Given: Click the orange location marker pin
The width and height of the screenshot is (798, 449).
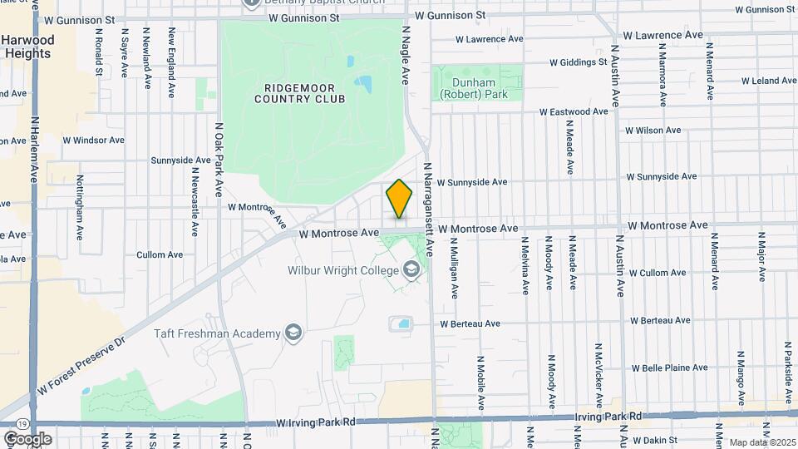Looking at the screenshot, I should [399, 200].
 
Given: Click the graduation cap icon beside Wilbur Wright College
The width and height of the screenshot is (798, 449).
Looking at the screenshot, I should [411, 269].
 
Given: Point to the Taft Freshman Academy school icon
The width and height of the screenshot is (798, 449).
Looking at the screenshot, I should [292, 333].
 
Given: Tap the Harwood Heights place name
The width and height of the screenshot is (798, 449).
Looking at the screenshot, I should [27, 47].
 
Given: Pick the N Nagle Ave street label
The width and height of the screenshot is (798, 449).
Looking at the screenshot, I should [406, 55].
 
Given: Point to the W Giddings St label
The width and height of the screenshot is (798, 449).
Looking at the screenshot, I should [579, 62].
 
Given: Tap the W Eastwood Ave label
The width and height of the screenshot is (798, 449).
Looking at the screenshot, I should [574, 111].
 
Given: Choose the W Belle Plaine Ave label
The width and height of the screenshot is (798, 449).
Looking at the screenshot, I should [669, 368].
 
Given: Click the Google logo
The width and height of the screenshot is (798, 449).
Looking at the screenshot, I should [27, 439].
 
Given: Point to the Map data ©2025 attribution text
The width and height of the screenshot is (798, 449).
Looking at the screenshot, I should [761, 442].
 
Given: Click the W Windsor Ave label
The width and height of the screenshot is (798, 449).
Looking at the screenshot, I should [98, 141].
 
